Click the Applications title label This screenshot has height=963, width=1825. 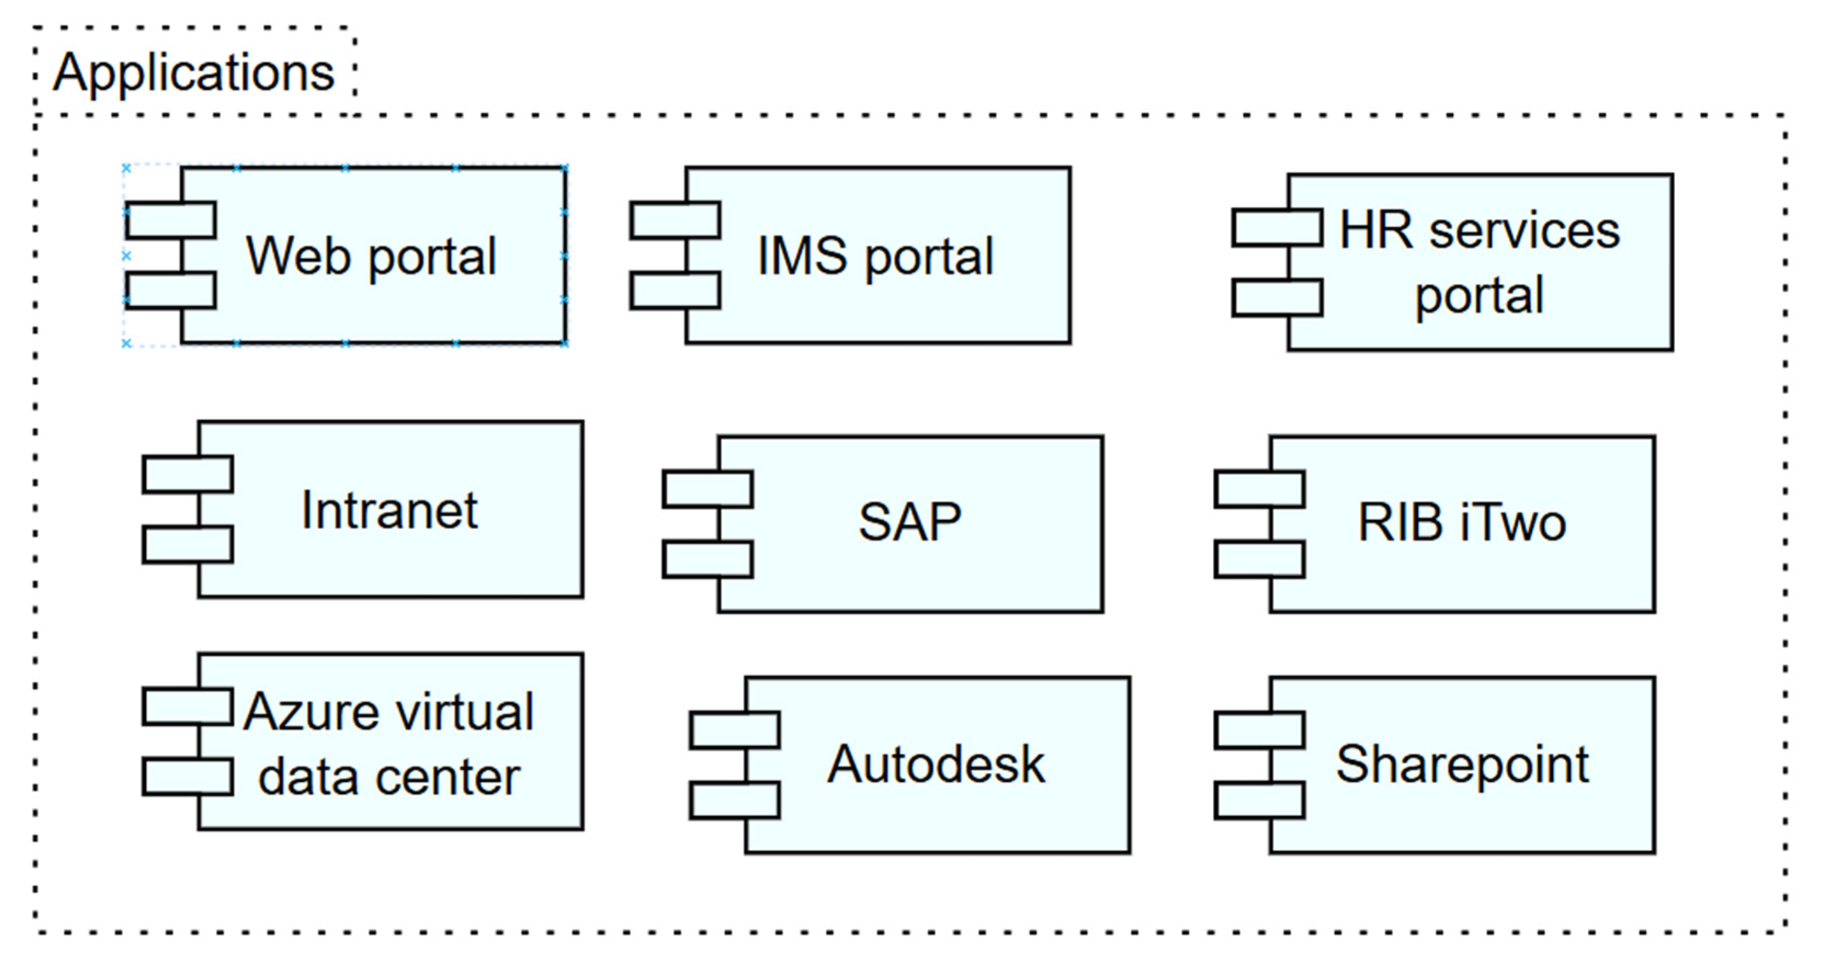click(194, 73)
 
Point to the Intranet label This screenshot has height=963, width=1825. click(390, 510)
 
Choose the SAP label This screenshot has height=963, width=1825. click(909, 522)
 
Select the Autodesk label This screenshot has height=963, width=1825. click(935, 765)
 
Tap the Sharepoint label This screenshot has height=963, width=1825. click(1462, 765)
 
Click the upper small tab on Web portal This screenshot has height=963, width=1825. click(170, 220)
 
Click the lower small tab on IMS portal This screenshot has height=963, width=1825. click(675, 291)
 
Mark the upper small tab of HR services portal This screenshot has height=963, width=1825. click(1277, 227)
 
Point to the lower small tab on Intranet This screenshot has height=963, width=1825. click(187, 544)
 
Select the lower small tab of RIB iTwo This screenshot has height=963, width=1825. click(1259, 560)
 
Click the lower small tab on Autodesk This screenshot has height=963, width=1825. click(735, 800)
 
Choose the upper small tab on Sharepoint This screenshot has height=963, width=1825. click(1259, 731)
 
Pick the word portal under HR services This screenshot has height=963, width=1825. click(1479, 296)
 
